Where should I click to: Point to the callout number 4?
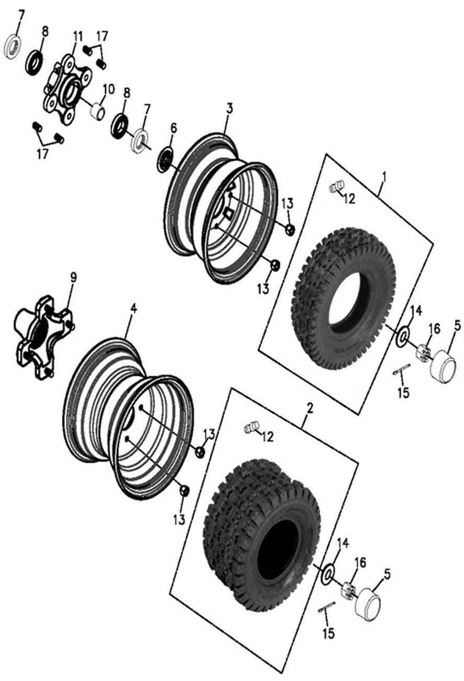[133, 309]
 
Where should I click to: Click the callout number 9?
[73, 277]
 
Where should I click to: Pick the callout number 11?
[78, 37]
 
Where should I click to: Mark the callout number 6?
[174, 128]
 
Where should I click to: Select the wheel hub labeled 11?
[66, 89]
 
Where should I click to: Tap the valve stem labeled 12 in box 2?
[252, 428]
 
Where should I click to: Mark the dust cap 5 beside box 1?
[443, 365]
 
